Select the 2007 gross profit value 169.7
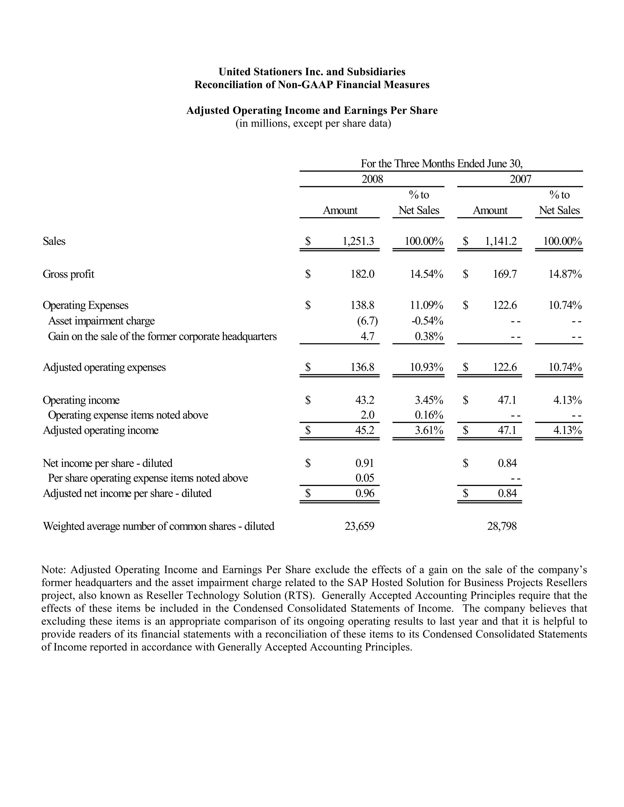505,274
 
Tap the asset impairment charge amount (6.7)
367,321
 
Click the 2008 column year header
372,179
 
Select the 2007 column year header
520,179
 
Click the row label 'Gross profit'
68,274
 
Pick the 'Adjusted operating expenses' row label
104,367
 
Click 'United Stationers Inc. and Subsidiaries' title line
312,72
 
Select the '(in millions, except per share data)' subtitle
313,123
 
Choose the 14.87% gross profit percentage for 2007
565,274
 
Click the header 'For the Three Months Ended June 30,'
441,163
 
